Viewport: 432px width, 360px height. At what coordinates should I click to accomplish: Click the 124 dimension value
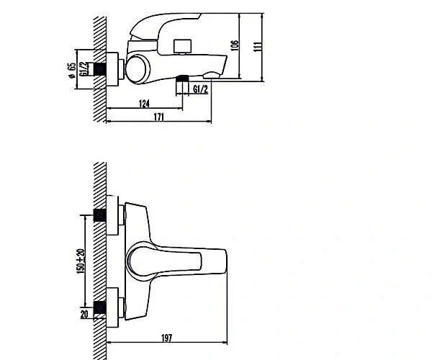coord(144,104)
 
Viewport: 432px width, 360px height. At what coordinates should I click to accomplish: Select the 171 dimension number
coord(158,117)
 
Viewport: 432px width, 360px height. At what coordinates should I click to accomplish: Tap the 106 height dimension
coord(235,45)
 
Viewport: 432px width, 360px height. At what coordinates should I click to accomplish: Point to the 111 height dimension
coord(257,47)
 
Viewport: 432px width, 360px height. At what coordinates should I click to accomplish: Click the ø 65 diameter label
coord(71,71)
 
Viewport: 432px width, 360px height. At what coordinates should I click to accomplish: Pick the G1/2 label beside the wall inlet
coord(84,68)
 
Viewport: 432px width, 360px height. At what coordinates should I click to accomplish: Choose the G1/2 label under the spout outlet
coord(200,89)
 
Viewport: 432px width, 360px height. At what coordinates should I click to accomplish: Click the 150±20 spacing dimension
coord(81,261)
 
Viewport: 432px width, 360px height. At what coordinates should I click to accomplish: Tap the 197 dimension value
coord(166,338)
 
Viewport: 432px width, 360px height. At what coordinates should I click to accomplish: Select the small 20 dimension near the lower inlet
coord(84,314)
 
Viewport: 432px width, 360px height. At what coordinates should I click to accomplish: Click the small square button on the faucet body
coord(182,46)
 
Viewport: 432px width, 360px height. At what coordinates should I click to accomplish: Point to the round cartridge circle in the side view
coord(138,69)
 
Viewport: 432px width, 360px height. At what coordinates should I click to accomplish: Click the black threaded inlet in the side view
coord(100,69)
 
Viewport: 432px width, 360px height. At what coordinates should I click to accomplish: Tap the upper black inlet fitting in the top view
coord(100,215)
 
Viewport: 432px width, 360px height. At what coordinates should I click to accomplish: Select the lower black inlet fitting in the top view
coord(100,307)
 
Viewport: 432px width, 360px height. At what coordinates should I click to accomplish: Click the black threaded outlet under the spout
coord(182,78)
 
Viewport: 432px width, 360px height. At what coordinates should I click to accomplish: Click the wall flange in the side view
coord(112,69)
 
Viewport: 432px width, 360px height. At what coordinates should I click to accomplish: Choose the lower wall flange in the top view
coord(112,307)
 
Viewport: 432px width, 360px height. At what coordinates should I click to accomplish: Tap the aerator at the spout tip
coord(212,75)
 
